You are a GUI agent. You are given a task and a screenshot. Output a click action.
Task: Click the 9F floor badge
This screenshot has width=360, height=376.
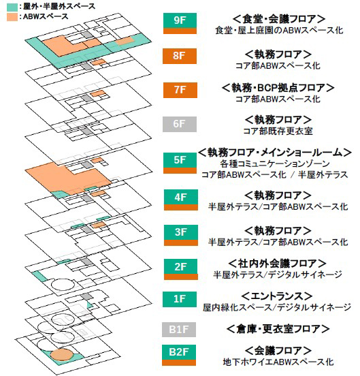click(180, 23)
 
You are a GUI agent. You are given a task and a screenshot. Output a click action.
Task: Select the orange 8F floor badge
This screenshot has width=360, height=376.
click(180, 56)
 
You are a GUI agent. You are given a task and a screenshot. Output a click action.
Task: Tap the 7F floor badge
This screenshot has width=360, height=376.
click(180, 90)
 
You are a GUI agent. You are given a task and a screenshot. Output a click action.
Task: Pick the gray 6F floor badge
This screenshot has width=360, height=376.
click(180, 124)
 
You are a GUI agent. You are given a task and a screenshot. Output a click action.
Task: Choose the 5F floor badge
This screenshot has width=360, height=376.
click(180, 163)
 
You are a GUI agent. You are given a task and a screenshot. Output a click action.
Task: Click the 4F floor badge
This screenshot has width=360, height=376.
click(181, 200)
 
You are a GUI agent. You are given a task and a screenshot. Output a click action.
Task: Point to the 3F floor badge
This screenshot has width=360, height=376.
click(181, 235)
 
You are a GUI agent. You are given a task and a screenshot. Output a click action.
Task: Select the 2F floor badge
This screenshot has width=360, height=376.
click(181, 269)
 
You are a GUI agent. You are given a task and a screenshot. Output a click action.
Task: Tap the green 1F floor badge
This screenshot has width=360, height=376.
click(180, 299)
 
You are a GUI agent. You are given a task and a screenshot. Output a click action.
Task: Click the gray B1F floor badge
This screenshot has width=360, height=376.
click(179, 330)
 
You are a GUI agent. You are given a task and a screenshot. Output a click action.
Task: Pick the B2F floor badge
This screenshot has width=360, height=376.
click(179, 355)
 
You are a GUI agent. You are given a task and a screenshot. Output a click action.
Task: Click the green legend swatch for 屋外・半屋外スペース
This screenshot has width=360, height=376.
click(12, 6)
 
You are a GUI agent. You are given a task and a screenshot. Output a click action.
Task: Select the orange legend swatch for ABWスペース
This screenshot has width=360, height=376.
click(12, 17)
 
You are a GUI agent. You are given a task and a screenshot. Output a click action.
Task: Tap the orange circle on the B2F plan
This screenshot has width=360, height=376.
click(62, 355)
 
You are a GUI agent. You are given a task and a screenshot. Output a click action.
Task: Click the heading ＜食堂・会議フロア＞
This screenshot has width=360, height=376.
click(279, 19)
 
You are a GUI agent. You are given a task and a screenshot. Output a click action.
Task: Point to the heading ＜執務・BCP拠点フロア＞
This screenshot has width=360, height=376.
click(278, 88)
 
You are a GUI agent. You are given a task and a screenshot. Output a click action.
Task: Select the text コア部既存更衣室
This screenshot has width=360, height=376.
click(278, 131)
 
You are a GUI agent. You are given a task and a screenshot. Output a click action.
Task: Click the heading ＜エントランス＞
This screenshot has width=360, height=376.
click(277, 296)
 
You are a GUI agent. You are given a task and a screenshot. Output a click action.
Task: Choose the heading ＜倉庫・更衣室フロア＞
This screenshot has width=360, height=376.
click(278, 329)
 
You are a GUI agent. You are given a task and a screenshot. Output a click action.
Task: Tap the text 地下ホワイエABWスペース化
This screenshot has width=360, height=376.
click(278, 362)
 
